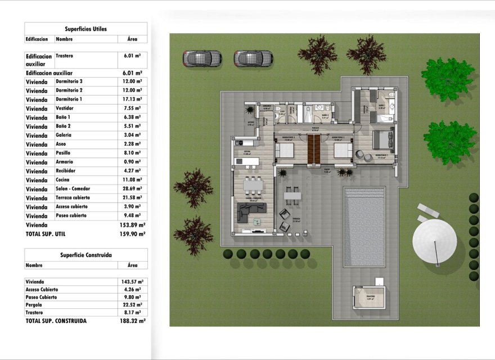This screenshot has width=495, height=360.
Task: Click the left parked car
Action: pos(202,58)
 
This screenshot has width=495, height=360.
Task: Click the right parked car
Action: pos(254,58)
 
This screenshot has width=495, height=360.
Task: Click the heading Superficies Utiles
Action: pos(85,29)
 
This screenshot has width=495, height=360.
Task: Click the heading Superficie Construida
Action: pos(85,255)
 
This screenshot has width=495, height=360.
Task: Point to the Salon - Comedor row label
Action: pos(73,189)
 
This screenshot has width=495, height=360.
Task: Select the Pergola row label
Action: pos(34,305)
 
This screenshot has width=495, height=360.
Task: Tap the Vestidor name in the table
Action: pos(65,108)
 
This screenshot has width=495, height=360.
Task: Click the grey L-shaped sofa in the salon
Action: pos(251,211)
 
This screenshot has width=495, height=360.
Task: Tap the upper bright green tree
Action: pos(447,79)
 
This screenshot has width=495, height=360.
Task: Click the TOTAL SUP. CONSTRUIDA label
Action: pos(56,321)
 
